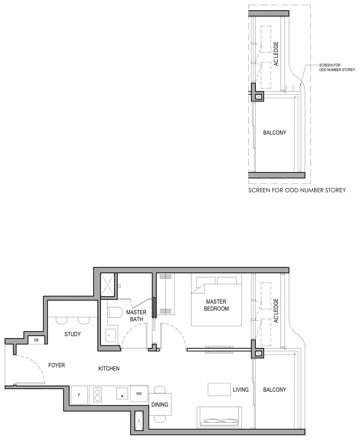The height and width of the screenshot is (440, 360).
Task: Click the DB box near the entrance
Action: [x=36, y=340]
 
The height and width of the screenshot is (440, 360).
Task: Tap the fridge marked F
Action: [x=79, y=395]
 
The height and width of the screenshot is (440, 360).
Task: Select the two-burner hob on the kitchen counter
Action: [x=98, y=395]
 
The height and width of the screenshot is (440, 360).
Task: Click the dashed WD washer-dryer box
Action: [x=139, y=394]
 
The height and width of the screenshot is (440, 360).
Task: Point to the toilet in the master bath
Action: [x=114, y=312]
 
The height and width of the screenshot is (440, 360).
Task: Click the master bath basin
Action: [x=111, y=335]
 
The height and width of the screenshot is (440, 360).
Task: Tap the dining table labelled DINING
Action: [x=160, y=405]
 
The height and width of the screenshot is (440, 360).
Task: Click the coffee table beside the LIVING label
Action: [x=219, y=389]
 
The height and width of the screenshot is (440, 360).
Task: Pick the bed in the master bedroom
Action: [x=216, y=301]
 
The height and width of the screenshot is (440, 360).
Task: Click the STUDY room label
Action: [x=72, y=334]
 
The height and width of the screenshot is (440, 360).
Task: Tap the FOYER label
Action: [x=57, y=365]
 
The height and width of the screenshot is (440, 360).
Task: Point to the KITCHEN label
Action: [x=109, y=369]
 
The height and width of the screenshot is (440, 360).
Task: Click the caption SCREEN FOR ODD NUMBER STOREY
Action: [x=297, y=190]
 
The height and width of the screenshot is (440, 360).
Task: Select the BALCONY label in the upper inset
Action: [x=275, y=133]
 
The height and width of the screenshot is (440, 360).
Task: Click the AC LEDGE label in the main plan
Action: [x=276, y=311]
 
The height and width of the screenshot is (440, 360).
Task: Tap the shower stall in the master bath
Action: [x=108, y=285]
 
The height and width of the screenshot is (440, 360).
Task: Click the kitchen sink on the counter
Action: [x=122, y=393]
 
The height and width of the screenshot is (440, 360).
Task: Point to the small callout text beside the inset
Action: [x=337, y=67]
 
